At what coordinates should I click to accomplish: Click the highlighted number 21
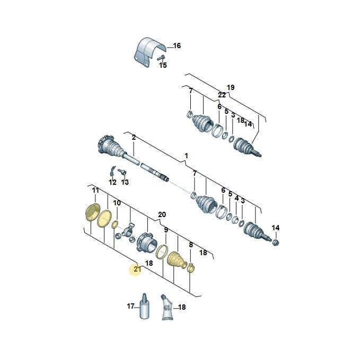coord(137,268)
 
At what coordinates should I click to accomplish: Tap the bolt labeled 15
coord(161,58)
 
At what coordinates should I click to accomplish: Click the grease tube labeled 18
coord(167,307)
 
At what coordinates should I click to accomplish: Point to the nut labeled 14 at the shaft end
coord(275,242)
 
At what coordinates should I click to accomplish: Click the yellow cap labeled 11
coord(92,212)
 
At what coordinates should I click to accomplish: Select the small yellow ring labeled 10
coord(115,224)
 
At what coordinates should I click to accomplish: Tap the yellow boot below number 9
coord(177,260)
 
